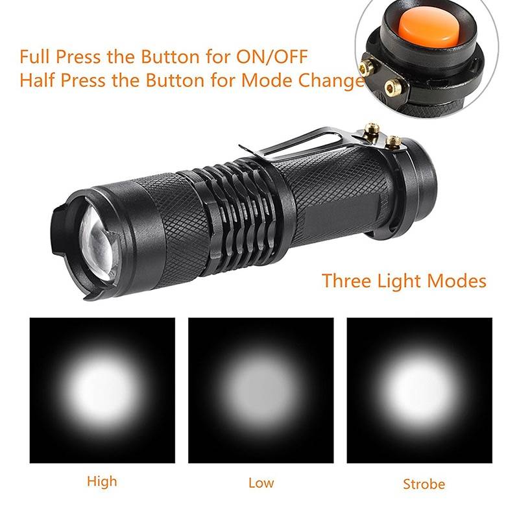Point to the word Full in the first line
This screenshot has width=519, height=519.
36,56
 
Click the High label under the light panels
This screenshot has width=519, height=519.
102,481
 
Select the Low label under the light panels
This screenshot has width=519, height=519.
261,483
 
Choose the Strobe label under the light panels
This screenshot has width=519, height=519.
424,484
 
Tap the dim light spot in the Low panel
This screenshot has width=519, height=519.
261,391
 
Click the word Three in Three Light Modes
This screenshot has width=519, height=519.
346,281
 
